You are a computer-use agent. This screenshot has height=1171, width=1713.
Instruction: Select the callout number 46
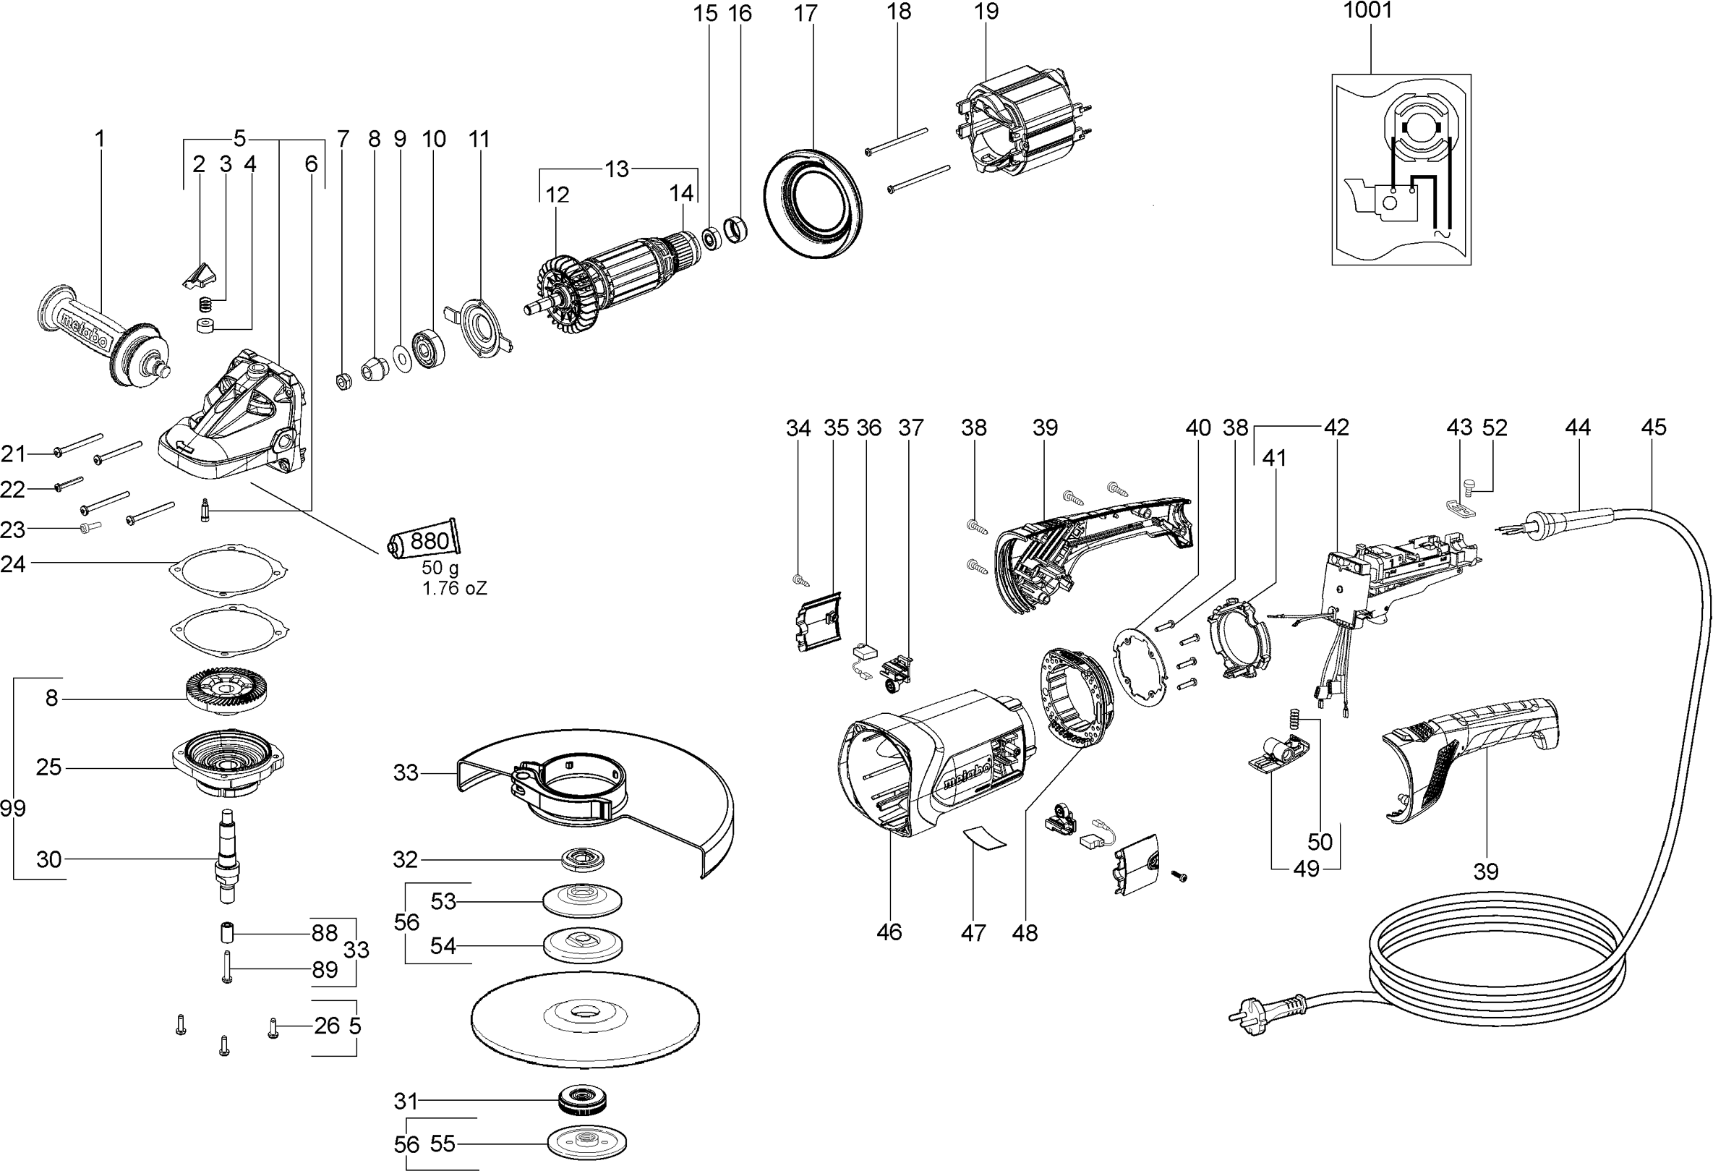889,932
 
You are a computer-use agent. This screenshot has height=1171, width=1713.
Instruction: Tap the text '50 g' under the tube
441,568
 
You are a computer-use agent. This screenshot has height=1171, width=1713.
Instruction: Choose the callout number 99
12,808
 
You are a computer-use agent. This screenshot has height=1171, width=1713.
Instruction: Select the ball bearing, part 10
428,347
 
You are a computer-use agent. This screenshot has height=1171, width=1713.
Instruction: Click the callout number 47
973,933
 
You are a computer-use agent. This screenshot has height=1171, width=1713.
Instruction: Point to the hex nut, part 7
342,381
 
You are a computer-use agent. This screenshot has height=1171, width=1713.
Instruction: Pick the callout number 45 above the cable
1653,427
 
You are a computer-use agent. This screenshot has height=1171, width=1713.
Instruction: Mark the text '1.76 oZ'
455,589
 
